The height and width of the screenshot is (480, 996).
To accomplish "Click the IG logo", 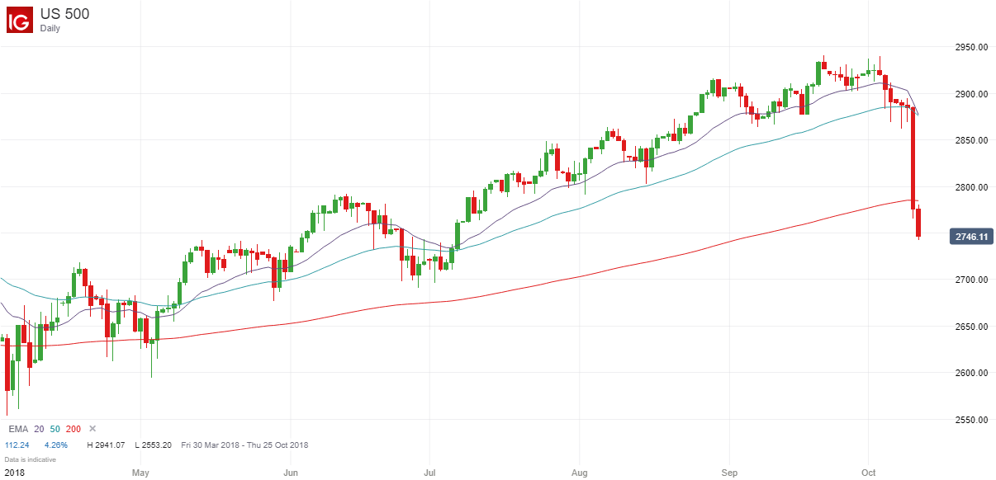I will tap(20, 20).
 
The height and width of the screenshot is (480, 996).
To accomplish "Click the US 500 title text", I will tap(65, 14).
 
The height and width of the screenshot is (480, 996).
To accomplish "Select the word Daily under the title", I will tap(50, 28).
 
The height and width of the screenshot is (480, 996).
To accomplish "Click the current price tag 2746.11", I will tap(971, 237).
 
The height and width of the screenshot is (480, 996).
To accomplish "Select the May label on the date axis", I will tap(140, 473).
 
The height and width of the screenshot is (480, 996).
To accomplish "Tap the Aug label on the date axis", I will tap(579, 473).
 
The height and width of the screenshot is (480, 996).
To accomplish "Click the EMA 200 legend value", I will tap(74, 429).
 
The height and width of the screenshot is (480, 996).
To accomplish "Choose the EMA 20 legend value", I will tap(38, 429).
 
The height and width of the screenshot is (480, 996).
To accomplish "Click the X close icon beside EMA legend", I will tap(92, 429).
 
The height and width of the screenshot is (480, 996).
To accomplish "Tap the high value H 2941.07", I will tap(106, 445).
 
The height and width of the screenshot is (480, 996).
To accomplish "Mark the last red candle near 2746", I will tap(918, 223).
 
